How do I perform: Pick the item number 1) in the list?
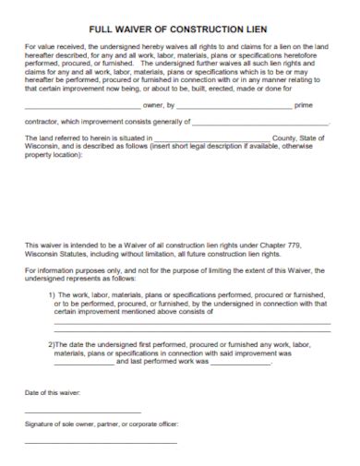[x=53, y=293]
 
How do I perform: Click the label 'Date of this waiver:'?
[x=53, y=393]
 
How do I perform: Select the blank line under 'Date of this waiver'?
[x=82, y=412]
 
